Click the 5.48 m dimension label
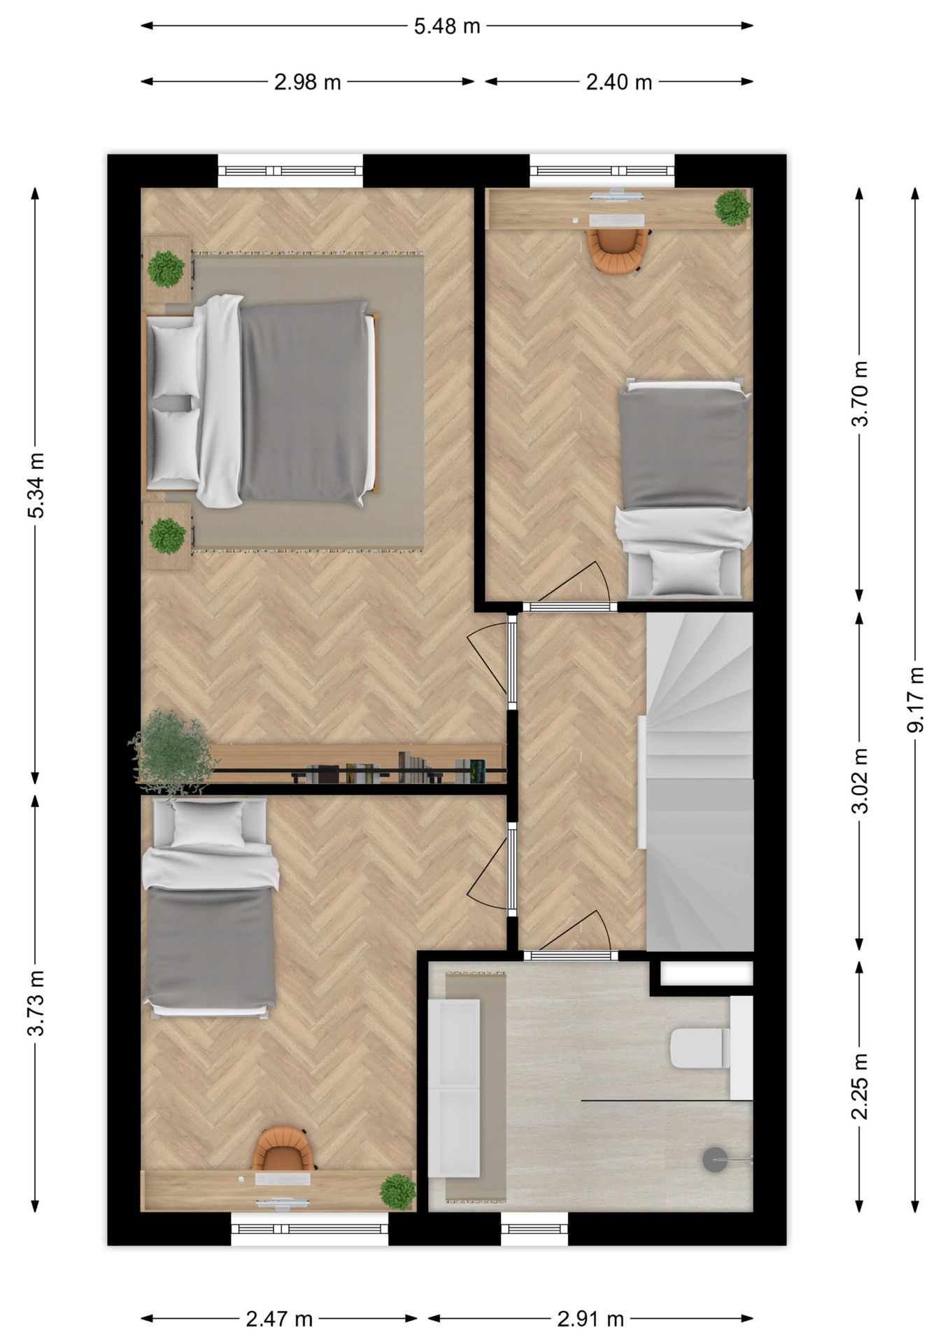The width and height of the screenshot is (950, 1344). tap(447, 27)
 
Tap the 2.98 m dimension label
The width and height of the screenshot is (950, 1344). tap(307, 83)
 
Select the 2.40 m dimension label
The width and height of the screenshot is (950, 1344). tap(618, 83)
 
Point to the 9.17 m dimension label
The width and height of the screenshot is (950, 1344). tap(915, 699)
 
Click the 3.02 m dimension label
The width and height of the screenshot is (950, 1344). tap(860, 780)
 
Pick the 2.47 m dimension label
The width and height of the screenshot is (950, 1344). tap(279, 1319)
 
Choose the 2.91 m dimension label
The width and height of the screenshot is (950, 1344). tap(590, 1319)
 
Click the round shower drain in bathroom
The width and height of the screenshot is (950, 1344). tap(715, 1159)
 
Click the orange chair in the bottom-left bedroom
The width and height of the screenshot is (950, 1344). tap(283, 1151)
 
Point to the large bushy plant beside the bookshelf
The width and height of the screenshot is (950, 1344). tap(170, 752)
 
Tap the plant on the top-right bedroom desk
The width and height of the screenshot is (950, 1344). tap(732, 207)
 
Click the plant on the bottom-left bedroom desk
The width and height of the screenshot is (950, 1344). tap(397, 1191)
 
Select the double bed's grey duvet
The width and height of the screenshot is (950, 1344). tap(304, 402)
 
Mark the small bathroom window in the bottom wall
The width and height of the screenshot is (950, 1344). tap(534, 1228)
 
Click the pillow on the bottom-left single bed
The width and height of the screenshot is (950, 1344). tap(208, 824)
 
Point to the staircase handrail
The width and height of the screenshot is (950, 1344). tap(641, 782)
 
